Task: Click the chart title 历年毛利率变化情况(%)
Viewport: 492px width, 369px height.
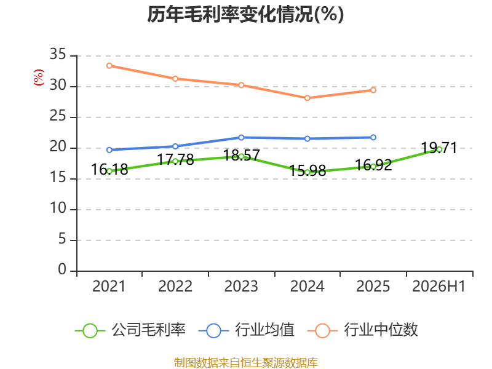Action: [x=245, y=14]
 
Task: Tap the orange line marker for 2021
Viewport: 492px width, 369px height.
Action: [x=109, y=66]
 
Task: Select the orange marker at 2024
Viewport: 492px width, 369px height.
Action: [x=307, y=98]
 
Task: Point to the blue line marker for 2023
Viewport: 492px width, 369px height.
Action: [x=241, y=137]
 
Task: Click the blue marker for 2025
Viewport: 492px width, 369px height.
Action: [x=373, y=137]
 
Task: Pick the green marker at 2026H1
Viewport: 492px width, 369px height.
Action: [x=439, y=149]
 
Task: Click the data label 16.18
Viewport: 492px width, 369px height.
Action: [x=109, y=170]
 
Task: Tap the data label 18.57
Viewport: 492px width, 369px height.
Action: [x=241, y=155]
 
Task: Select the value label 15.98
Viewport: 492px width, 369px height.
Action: [x=307, y=171]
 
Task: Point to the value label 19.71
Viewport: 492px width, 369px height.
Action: [x=439, y=148]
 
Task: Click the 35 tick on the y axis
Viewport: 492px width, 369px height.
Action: [x=58, y=54]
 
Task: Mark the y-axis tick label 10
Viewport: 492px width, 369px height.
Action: [x=58, y=208]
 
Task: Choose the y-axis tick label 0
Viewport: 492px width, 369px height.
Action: [x=62, y=269]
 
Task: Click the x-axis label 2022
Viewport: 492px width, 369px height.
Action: [x=175, y=286]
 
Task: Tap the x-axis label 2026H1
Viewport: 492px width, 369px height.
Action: [x=438, y=286]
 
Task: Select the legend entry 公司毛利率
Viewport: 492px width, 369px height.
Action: [x=130, y=330]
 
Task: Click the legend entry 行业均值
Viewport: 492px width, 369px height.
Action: [x=247, y=330]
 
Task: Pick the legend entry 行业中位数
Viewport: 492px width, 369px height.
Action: [x=363, y=330]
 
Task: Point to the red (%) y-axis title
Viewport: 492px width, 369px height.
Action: [x=39, y=77]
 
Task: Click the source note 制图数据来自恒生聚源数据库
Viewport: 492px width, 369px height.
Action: [x=245, y=362]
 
